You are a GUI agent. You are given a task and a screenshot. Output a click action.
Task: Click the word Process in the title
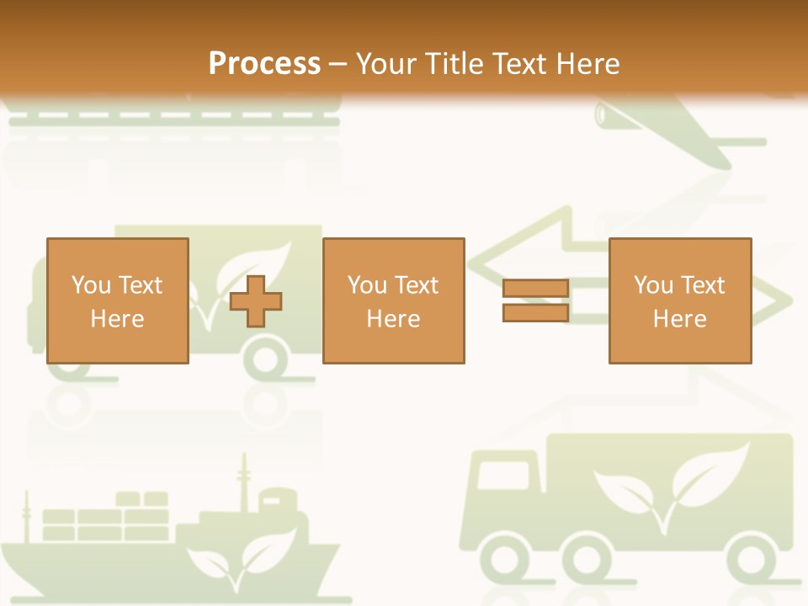click(x=264, y=64)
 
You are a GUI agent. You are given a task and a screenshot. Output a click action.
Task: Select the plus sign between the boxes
click(x=256, y=301)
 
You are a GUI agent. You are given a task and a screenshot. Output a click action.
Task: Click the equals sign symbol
click(x=535, y=300)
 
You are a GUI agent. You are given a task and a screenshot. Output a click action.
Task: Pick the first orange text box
click(x=117, y=300)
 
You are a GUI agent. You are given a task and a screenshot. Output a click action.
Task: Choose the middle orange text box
click(x=393, y=300)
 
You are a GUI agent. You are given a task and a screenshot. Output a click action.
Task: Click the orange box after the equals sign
click(x=679, y=300)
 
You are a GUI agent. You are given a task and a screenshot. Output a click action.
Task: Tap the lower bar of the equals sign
click(x=535, y=312)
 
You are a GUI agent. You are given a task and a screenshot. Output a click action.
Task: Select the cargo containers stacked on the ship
click(x=105, y=518)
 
